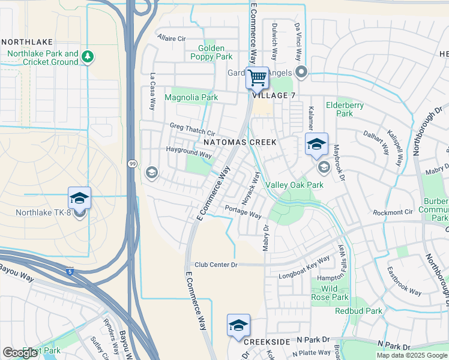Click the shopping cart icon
click(257, 77)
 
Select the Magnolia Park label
click(191, 97)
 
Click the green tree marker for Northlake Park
click(88, 57)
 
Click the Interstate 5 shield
click(70, 271)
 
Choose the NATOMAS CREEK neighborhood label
click(240, 142)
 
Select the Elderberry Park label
click(345, 109)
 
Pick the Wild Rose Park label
click(330, 293)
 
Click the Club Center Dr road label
click(216, 265)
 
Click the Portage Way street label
click(243, 211)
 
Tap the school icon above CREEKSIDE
click(238, 325)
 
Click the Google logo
click(20, 353)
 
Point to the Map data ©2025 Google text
click(411, 355)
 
